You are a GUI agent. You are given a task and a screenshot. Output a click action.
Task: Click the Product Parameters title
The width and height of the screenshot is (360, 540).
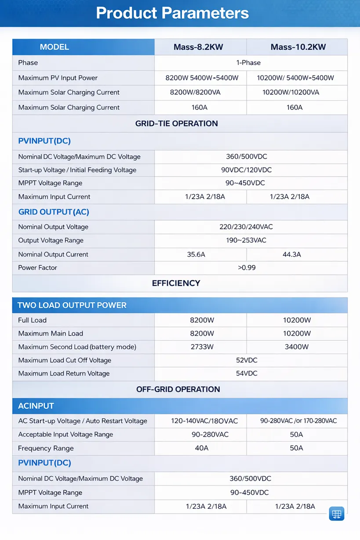click(172, 13)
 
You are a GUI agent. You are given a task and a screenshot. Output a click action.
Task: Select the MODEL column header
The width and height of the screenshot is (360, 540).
click(55, 47)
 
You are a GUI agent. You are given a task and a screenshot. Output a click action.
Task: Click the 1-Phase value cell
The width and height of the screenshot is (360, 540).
click(248, 63)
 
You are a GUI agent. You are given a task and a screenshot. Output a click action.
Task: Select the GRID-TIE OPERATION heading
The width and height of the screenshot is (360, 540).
click(177, 123)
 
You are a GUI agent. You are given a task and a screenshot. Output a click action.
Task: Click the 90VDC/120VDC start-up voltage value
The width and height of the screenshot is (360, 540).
click(246, 170)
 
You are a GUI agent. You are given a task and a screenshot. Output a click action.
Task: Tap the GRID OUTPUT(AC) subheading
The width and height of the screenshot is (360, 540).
click(54, 212)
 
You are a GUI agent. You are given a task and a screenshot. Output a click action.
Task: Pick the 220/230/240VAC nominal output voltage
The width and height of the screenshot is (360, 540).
click(246, 227)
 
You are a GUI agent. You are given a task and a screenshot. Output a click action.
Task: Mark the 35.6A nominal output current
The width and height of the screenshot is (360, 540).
click(196, 254)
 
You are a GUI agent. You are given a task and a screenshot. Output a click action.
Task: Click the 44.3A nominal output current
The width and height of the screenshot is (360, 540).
click(292, 254)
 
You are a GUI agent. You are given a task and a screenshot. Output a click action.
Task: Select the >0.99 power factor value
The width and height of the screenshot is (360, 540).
click(247, 268)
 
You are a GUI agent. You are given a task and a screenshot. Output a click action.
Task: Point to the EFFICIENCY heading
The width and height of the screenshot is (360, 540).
click(176, 283)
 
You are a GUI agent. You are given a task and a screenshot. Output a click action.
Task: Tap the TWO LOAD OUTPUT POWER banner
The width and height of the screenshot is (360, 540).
click(72, 305)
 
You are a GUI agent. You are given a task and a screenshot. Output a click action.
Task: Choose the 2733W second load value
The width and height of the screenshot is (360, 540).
click(202, 347)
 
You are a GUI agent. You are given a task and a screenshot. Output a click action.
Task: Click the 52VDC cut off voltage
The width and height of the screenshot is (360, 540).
click(247, 360)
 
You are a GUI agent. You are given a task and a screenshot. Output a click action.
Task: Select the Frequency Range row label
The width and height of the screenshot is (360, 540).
click(46, 448)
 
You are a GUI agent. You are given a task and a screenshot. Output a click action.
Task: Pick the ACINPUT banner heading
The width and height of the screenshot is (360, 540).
click(36, 406)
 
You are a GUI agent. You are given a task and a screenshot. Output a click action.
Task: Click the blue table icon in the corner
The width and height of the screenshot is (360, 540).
click(337, 514)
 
